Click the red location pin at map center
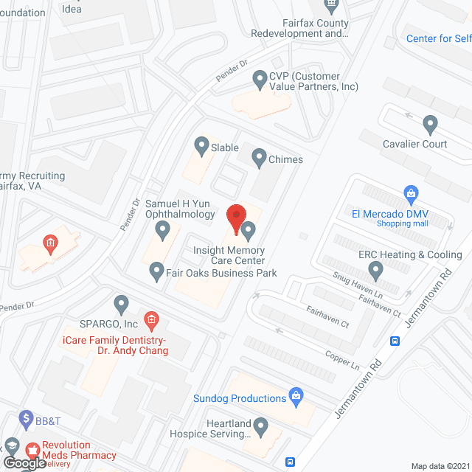click(235, 217)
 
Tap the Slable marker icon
click(201, 144)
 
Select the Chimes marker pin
click(259, 156)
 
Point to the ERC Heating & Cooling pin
click(375, 271)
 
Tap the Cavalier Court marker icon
click(430, 124)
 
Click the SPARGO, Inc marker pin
click(122, 304)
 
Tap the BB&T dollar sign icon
click(27, 418)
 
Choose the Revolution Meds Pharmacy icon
click(32, 449)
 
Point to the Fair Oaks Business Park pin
click(156, 272)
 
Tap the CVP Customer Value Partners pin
click(259, 77)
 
